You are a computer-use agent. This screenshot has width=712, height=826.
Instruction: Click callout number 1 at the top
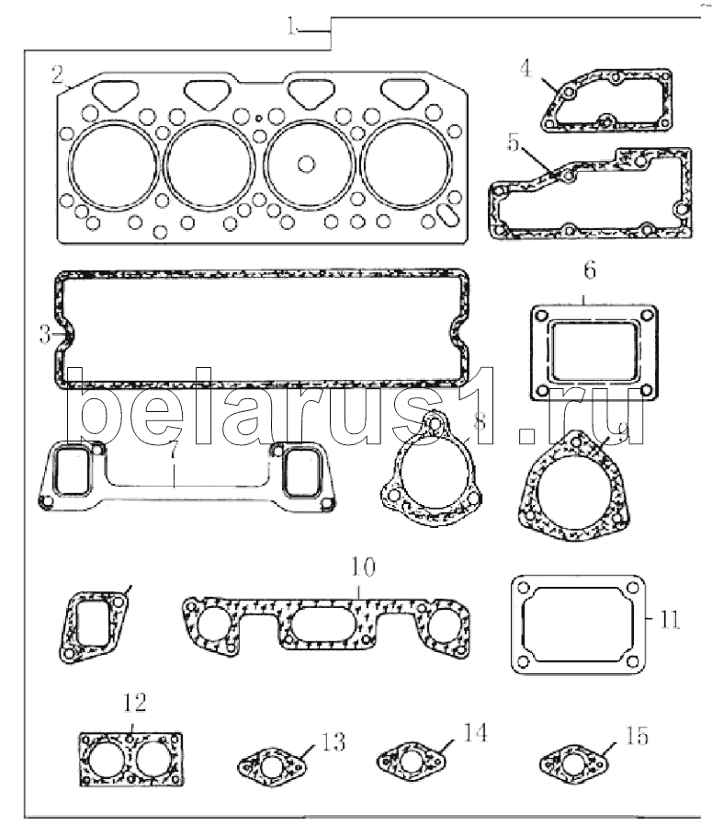[292, 28]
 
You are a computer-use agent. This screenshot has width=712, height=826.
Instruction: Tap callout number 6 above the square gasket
[590, 270]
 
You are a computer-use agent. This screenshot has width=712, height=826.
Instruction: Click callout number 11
[669, 617]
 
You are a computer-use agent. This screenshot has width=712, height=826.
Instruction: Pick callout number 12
[134, 705]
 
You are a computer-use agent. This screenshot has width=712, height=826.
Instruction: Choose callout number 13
[333, 741]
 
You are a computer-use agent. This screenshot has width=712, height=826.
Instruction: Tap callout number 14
[475, 733]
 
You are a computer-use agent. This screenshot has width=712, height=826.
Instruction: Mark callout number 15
[636, 736]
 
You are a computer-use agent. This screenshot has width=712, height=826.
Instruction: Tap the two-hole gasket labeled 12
[130, 762]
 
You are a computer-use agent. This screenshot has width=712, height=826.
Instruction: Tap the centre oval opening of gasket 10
[317, 626]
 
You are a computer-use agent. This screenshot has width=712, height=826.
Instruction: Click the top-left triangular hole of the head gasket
[115, 92]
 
